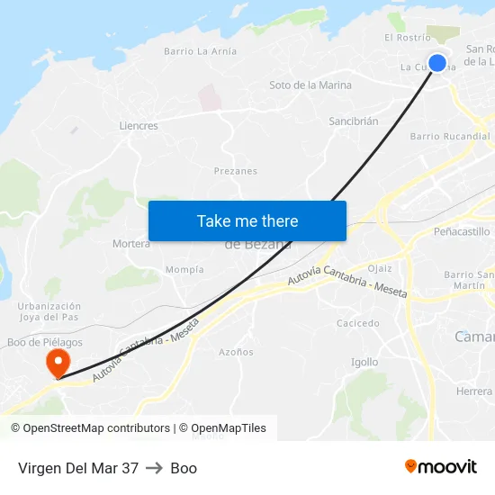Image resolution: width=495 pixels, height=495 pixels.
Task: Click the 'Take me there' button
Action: (x=247, y=220)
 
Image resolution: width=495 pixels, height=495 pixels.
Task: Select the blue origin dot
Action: (x=437, y=63)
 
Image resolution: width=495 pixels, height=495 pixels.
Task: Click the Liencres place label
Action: (x=139, y=126)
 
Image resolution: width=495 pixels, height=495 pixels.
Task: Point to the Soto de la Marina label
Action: (x=310, y=85)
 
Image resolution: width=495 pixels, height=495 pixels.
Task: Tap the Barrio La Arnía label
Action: (x=200, y=51)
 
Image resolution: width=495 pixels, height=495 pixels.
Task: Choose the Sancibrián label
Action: (x=353, y=121)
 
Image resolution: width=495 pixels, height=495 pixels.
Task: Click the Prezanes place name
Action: (x=236, y=171)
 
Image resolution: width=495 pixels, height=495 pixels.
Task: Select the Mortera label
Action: (x=131, y=244)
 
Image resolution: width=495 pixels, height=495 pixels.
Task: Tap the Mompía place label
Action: (x=184, y=270)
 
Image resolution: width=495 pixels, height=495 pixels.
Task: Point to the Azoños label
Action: (x=237, y=352)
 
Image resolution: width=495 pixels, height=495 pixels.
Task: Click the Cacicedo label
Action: (x=357, y=323)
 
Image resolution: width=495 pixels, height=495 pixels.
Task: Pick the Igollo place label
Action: (x=364, y=362)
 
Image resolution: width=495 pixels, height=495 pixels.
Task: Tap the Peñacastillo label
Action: (x=462, y=232)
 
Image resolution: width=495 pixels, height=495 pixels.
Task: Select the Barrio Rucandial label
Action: (x=450, y=137)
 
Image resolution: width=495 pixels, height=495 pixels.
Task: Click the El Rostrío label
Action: (x=408, y=38)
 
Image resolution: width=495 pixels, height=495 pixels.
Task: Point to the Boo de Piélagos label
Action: (x=45, y=342)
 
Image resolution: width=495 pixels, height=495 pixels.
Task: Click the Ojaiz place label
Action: (x=380, y=268)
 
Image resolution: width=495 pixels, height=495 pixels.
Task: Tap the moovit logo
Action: (x=441, y=467)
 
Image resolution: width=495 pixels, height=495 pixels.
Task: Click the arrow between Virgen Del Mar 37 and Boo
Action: (x=154, y=468)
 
